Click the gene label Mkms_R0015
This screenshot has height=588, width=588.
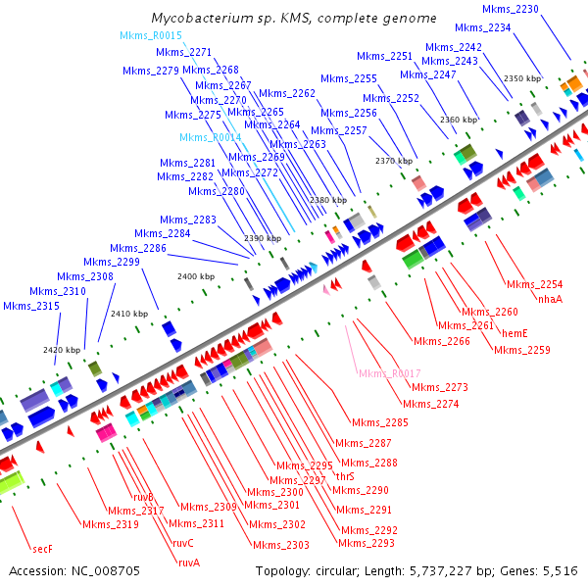point(151,36)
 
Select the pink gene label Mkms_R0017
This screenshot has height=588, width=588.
point(389,373)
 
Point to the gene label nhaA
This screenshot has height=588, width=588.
point(550,299)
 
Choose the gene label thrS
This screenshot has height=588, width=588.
point(345,476)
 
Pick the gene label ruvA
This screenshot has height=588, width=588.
point(189,563)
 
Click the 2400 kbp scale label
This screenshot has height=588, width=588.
point(195,277)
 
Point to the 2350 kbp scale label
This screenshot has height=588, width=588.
point(521,78)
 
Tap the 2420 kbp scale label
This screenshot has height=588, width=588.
point(61,350)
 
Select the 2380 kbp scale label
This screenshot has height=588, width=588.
point(328,200)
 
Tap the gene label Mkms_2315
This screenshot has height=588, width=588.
point(31,307)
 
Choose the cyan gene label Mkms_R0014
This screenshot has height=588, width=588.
point(211,138)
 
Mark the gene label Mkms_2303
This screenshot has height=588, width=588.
point(280,545)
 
